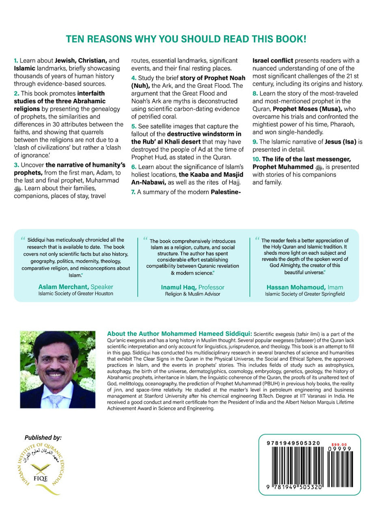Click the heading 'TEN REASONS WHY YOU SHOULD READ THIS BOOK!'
(186, 39)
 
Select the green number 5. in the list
(133, 126)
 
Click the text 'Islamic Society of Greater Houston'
(76, 294)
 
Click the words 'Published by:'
(43, 438)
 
